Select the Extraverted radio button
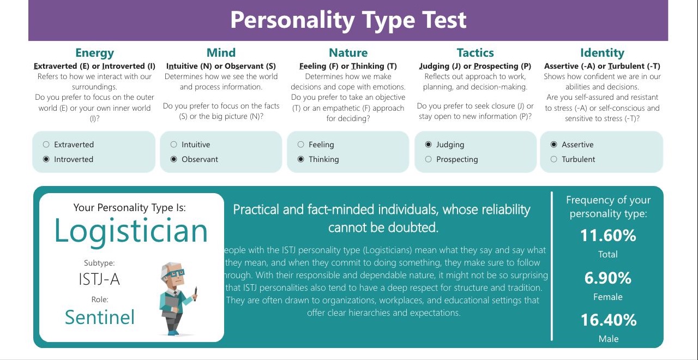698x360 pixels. tap(46, 145)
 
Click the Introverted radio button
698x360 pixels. tap(46, 159)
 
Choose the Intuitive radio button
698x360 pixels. tap(173, 145)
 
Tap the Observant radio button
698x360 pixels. tap(173, 159)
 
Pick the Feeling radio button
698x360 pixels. tap(300, 145)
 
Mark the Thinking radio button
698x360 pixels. tap(300, 159)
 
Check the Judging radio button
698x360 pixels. tap(429, 145)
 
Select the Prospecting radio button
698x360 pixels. tap(429, 159)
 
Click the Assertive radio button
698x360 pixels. tap(553, 145)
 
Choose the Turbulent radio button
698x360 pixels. tap(553, 159)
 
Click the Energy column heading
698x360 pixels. tap(95, 53)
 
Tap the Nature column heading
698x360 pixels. tap(348, 53)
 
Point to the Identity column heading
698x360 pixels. tap(602, 53)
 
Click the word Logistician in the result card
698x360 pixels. tap(131, 231)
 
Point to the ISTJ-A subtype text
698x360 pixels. tap(99, 279)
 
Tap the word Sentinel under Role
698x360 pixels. tap(100, 317)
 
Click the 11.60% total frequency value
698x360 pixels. tap(608, 235)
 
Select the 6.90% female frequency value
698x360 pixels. tap(607, 278)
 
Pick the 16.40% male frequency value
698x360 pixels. tap(609, 320)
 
